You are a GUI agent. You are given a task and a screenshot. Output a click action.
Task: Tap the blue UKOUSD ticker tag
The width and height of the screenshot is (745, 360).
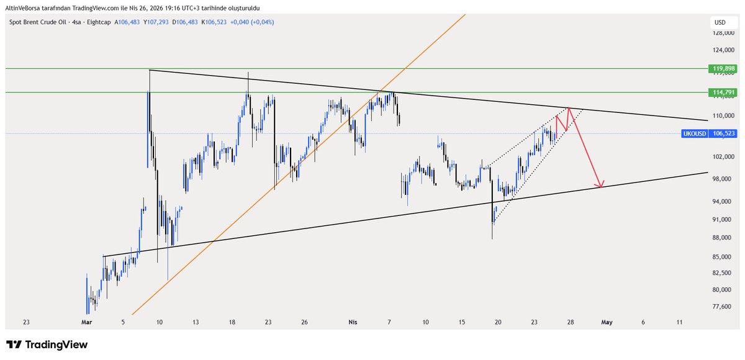pos(693,133)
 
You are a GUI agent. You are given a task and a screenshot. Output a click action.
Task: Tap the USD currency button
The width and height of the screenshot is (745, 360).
pos(720,22)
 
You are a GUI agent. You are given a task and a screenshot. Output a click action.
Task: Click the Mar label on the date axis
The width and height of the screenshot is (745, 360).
pos(86,322)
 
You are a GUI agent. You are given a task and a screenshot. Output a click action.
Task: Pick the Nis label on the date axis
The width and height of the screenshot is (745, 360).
pos(353,322)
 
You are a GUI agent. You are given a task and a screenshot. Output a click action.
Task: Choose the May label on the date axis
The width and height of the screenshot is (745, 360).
pos(607,322)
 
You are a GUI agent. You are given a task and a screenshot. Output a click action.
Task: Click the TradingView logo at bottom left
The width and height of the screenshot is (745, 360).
pos(47,344)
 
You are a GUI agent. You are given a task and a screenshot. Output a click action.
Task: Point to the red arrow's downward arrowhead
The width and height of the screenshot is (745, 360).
pos(600,184)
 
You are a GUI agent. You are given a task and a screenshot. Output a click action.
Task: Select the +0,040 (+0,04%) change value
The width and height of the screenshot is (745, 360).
pos(252,22)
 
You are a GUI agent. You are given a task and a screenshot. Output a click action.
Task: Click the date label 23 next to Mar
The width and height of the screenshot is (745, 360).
pos(26,322)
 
